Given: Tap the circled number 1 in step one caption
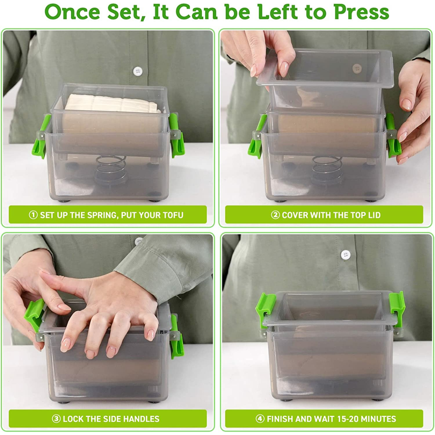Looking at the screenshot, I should pos(33,215).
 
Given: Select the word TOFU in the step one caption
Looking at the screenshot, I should pos(173,215).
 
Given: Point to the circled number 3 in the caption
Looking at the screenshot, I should pos(56,419).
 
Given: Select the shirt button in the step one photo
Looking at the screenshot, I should pos(138,72).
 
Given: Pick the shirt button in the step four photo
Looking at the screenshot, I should pos(345,255).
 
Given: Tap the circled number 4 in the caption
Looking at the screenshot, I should pos(260,419).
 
